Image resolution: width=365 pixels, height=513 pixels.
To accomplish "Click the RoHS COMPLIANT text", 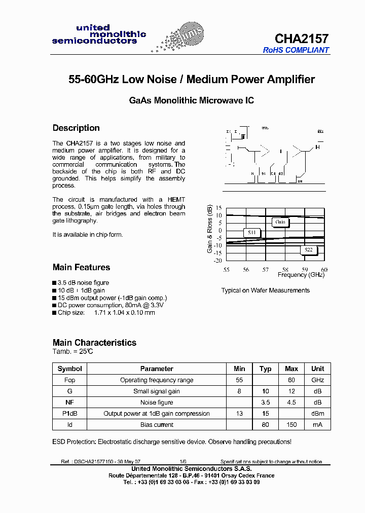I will pos(296,50).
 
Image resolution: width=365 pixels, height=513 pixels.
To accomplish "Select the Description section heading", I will pos(76,128).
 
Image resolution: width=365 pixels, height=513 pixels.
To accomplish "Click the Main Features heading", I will pos(81,267).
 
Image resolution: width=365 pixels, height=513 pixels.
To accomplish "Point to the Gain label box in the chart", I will pos(280,222).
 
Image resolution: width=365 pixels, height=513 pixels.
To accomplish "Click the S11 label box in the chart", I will pos(252,233).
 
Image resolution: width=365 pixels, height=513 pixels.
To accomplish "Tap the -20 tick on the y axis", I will pos(217,261).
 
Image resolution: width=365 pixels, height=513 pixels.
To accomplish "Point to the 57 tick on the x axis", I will pos(265,270).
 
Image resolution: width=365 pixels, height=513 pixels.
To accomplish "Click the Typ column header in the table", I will pos(265,369).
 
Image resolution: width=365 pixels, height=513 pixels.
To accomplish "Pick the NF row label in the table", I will pos(69,402).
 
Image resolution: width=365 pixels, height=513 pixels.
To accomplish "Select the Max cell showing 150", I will pos(291,425).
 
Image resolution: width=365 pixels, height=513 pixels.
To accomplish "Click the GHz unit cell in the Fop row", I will pos(317,380).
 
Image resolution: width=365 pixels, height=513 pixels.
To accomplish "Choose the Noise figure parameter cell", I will pos(157,402).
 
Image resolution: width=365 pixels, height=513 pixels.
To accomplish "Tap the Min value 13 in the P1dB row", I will pos(240,414).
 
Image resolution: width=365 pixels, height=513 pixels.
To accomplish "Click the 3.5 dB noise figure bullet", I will pos(83,283).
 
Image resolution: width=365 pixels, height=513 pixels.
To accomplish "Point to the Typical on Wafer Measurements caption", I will pos(265,290).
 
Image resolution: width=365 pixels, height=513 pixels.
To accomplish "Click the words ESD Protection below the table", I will pos(74,442).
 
